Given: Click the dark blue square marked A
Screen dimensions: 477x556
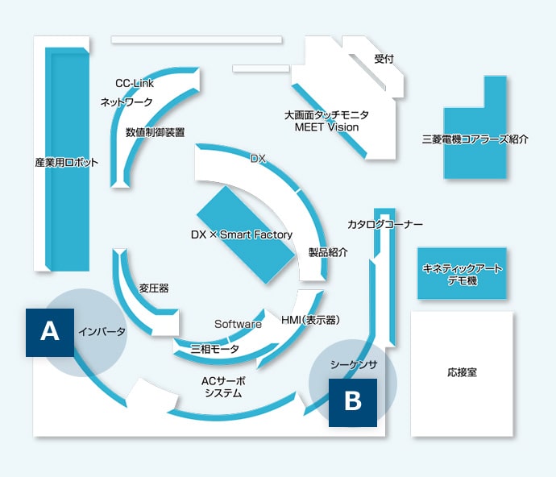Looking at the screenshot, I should click(50, 331).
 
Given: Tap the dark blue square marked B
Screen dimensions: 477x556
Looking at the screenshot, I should click(353, 401).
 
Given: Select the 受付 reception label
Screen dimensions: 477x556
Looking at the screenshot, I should click(384, 60).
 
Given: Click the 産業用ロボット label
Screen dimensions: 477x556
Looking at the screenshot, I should click(67, 162).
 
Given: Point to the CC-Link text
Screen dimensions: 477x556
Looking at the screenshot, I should click(135, 83).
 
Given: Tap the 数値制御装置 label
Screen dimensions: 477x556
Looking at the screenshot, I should click(156, 131).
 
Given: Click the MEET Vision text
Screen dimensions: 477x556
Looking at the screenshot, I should click(326, 127).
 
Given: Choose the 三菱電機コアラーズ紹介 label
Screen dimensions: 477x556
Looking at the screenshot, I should click(475, 139).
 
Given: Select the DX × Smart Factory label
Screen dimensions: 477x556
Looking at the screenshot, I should click(242, 234).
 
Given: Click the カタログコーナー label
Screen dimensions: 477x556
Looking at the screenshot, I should click(385, 224).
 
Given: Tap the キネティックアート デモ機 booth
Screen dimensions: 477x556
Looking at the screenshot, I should click(462, 274).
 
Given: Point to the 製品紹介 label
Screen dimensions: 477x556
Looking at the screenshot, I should click(328, 252).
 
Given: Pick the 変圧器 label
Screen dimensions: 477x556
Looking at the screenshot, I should click(154, 288).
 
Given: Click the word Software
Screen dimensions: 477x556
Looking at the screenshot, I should click(238, 324).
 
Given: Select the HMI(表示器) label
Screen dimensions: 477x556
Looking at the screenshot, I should click(310, 320).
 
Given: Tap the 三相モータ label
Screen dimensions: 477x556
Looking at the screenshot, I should click(214, 349).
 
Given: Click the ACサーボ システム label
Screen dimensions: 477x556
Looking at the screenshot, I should click(223, 386).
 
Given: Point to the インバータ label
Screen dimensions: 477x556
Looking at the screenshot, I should click(102, 331).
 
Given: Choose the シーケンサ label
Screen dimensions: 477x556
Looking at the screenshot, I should click(353, 363).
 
